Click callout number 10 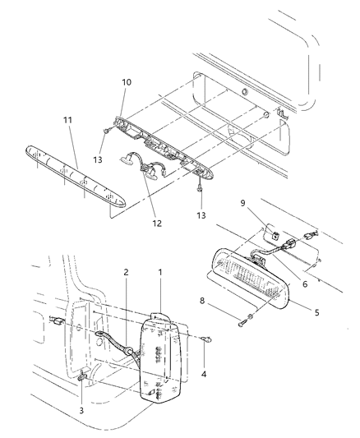[x=127, y=82]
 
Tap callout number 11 [x=68, y=120]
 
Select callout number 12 [x=157, y=224]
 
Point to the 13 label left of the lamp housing [x=98, y=159]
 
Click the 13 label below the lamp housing [x=201, y=215]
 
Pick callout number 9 [x=242, y=203]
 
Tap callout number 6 [x=305, y=284]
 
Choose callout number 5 [x=316, y=312]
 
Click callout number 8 [x=202, y=301]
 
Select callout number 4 [x=204, y=374]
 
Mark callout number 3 [x=81, y=411]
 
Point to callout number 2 [x=126, y=272]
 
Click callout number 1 [x=160, y=272]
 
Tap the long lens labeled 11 [x=76, y=176]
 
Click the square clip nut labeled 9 [x=275, y=236]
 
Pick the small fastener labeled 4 [x=207, y=339]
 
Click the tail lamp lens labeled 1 [x=160, y=357]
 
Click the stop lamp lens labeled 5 [x=251, y=278]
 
